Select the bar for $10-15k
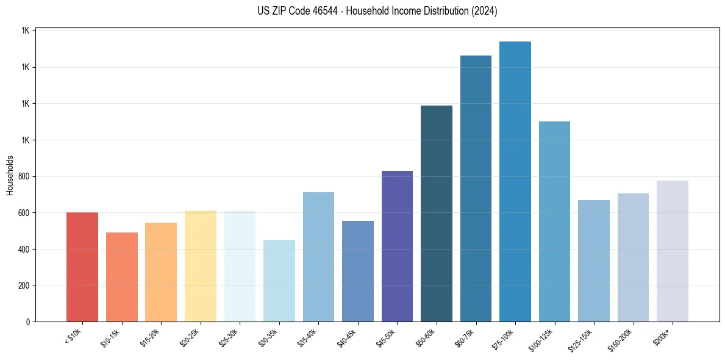coord(122,277)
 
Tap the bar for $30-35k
coord(279,281)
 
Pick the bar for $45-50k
coord(397,247)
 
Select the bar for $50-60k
coord(437,214)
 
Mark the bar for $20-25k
coord(201,266)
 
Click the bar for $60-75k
coord(476,189)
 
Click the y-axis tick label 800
coord(24,177)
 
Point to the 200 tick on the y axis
coord(24,286)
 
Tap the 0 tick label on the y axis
coord(28,322)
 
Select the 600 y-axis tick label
coord(24,213)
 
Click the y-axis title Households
coord(10,176)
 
